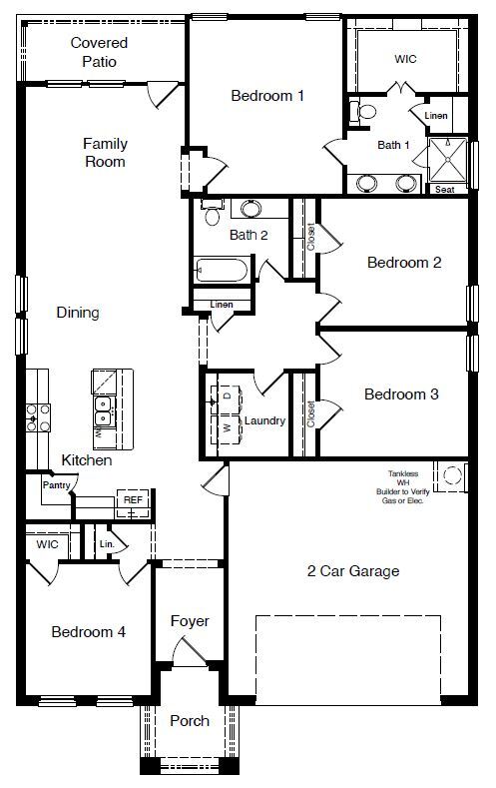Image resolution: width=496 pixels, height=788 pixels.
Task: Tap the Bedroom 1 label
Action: (267, 96)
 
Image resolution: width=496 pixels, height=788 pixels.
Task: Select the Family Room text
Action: (105, 152)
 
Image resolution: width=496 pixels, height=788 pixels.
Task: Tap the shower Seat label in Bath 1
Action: (445, 189)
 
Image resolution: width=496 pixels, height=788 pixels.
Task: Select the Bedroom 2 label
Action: (403, 263)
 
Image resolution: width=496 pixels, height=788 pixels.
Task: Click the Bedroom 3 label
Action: (401, 394)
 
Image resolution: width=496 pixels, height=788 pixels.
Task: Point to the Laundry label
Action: (265, 420)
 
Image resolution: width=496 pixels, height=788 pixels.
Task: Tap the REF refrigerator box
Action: (132, 500)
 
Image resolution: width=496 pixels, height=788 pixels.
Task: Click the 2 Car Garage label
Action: (352, 571)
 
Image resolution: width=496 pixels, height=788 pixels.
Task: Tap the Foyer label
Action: (189, 621)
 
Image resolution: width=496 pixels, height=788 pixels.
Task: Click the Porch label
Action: (189, 720)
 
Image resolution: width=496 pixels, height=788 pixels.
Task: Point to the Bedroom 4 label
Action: (88, 631)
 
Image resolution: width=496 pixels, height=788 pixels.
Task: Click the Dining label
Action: (78, 313)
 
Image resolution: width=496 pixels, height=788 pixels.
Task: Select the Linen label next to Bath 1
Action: (436, 116)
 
